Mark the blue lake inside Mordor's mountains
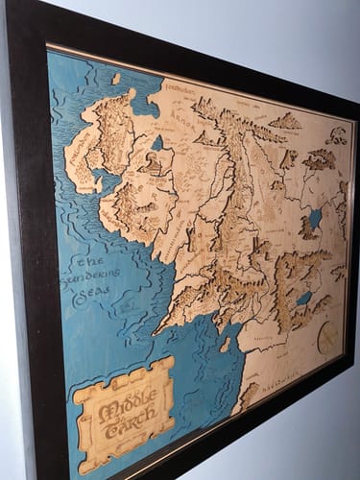pyautogui.click(x=304, y=299)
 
